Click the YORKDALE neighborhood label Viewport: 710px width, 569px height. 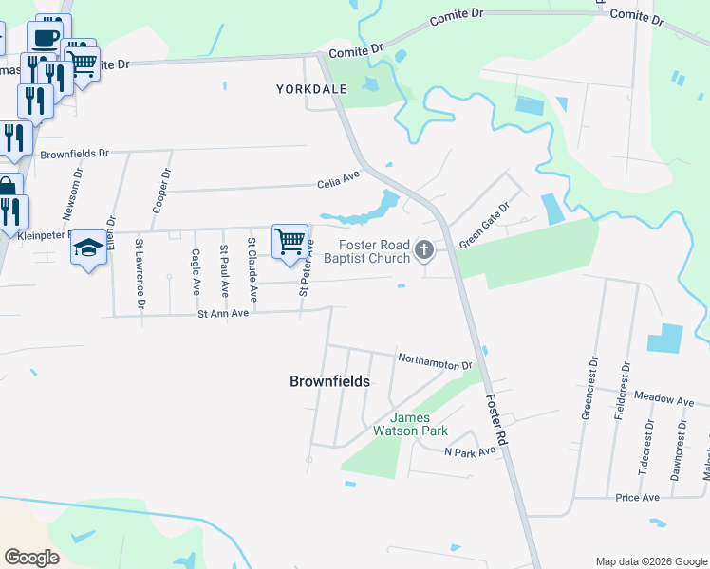pyautogui.click(x=311, y=88)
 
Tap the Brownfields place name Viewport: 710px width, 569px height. pyautogui.click(x=329, y=381)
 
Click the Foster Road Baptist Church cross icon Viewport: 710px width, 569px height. pyautogui.click(x=424, y=250)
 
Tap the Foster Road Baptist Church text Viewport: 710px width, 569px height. pyautogui.click(x=366, y=251)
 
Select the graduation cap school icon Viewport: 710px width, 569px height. pyautogui.click(x=88, y=248)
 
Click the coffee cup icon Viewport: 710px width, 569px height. pyautogui.click(x=45, y=38)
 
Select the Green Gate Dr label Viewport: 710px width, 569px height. pyautogui.click(x=484, y=225)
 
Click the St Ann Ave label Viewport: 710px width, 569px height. pyautogui.click(x=222, y=312)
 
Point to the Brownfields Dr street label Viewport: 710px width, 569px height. pyautogui.click(x=75, y=153)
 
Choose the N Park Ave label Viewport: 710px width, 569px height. pyautogui.click(x=470, y=451)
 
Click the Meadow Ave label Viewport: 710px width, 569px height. pyautogui.click(x=665, y=400)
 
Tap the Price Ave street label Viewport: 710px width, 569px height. pyautogui.click(x=637, y=497)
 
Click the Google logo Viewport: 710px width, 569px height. pyautogui.click(x=31, y=558)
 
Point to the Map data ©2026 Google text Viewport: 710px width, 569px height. pyautogui.click(x=650, y=561)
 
